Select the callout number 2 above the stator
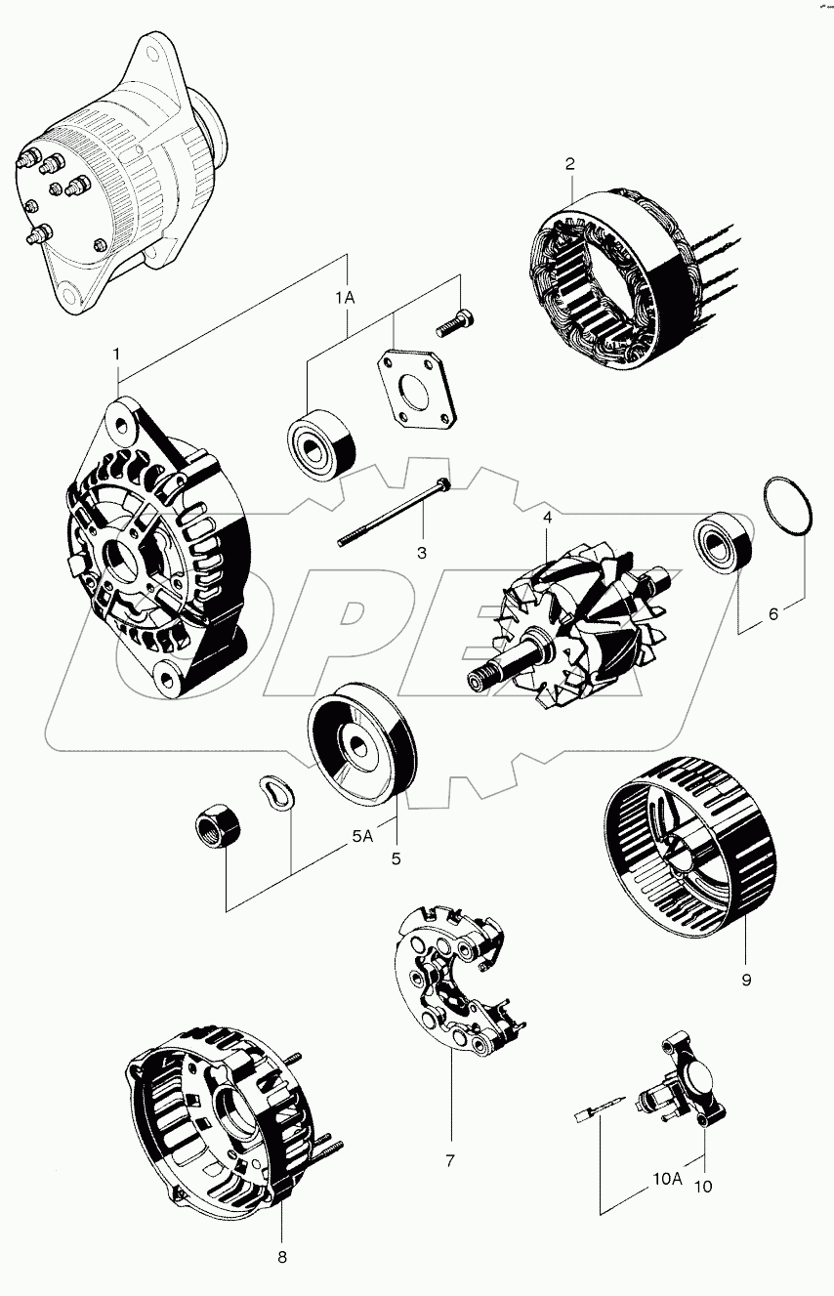569,164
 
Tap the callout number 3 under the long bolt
422,553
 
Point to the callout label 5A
362,836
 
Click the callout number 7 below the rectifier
450,1161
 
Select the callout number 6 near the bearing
772,614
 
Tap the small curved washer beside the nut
275,791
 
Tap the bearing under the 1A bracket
320,443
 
